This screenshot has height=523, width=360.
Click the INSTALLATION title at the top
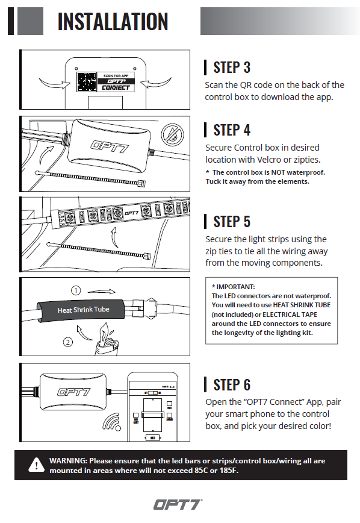click(113, 21)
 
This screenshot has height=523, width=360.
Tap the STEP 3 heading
click(232, 67)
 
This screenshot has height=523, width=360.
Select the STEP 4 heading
click(232, 130)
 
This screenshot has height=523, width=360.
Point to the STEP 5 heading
click(232, 222)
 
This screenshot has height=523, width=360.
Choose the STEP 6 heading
click(232, 384)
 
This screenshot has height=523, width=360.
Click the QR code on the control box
click(87, 82)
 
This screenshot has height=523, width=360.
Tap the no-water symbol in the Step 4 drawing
click(172, 134)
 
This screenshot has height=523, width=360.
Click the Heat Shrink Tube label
click(83, 310)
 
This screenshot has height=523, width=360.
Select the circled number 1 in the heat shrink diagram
click(76, 290)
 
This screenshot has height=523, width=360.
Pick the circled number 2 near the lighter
click(68, 342)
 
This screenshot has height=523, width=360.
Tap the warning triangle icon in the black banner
click(36, 465)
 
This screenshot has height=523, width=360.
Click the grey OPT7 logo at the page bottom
click(178, 504)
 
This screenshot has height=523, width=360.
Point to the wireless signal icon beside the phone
click(112, 422)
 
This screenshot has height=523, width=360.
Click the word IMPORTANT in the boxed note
click(235, 287)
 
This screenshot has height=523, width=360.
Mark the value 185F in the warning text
click(228, 471)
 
